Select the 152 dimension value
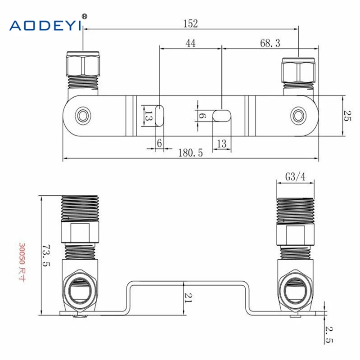[x=190, y=23]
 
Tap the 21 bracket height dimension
[x=189, y=297]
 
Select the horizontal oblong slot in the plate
[x=221, y=115]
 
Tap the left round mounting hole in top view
[x=82, y=115]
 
